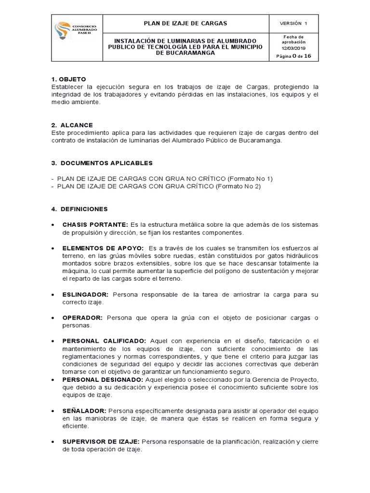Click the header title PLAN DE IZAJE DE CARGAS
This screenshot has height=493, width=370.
coord(185,24)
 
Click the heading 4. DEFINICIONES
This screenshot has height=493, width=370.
coord(79,209)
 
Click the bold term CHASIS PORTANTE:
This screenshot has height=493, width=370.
coord(94,225)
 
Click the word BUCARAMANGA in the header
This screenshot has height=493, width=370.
coord(185,53)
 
